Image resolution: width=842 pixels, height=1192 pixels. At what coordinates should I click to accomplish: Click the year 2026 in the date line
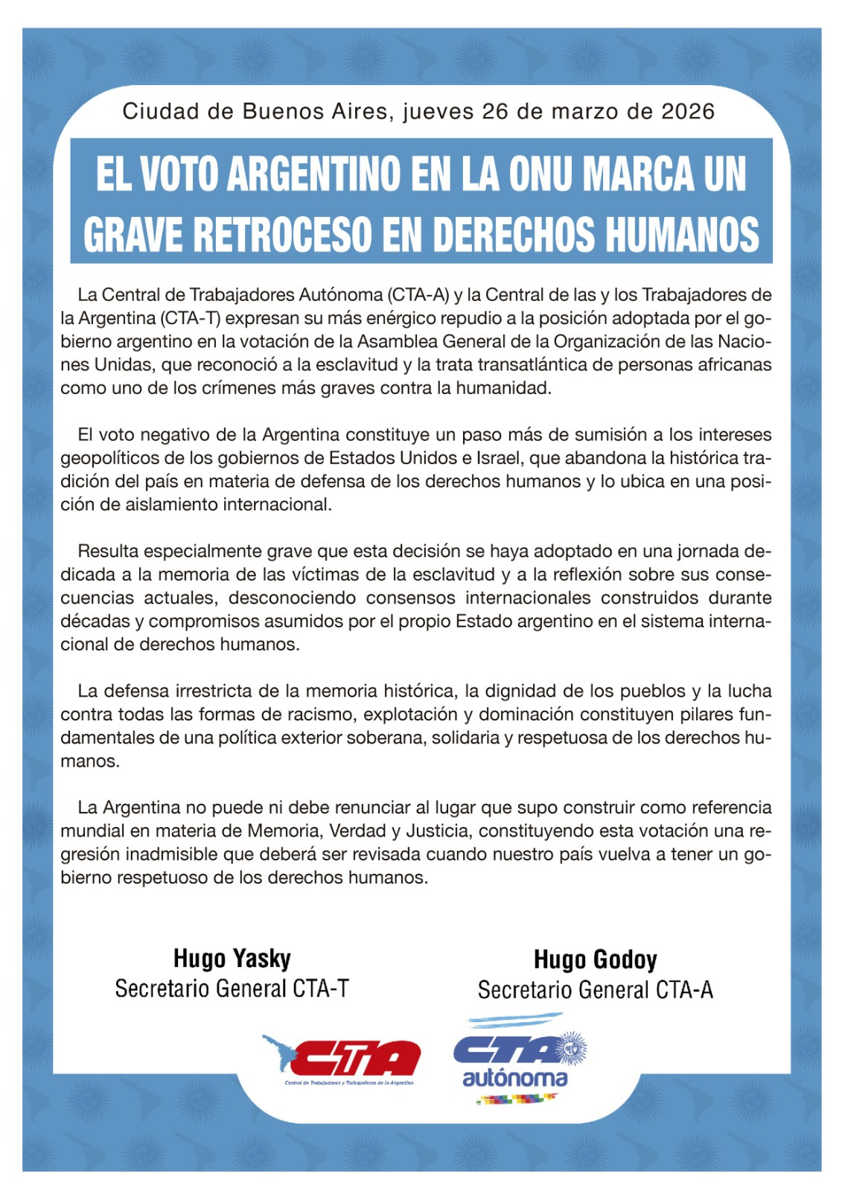(687, 112)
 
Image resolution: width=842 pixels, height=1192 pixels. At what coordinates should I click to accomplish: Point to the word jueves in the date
(438, 112)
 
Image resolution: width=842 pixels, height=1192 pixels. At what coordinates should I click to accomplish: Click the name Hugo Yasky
(232, 958)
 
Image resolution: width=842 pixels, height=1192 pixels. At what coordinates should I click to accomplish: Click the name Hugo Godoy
(595, 960)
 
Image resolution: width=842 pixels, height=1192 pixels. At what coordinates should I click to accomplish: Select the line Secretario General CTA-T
(232, 989)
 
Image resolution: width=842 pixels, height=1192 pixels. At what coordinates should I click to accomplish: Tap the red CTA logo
(350, 1058)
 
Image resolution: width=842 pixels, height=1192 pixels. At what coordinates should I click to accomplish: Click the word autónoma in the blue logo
(514, 1077)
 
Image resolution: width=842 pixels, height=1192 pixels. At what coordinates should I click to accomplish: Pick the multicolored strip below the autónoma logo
(517, 1098)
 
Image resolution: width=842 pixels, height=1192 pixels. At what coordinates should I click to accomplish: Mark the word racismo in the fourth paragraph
(310, 714)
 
